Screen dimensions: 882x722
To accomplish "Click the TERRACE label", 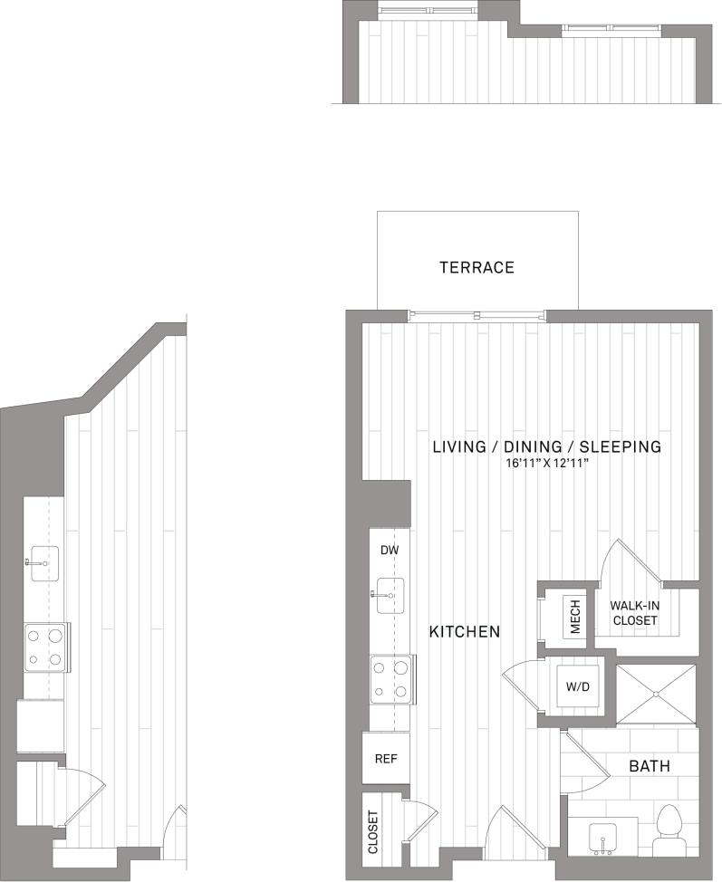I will point(477,267).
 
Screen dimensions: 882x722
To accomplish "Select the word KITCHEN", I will point(464,631).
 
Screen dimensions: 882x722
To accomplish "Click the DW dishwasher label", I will point(390,551).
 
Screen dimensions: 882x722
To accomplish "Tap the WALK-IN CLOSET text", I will point(633,613).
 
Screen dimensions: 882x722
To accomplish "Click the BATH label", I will point(650,766).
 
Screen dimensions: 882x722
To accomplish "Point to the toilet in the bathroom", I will point(671,830).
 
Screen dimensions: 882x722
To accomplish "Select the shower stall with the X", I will point(657,694).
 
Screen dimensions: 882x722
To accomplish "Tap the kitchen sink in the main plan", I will point(391,594).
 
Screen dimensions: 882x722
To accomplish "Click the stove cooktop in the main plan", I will point(390,679).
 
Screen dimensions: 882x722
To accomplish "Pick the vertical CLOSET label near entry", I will point(374,832).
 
